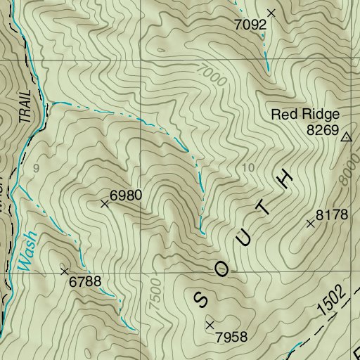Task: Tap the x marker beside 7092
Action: tap(271, 13)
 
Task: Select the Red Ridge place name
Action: tap(305, 115)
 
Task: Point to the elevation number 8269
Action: tap(323, 130)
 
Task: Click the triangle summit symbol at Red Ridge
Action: tap(345, 138)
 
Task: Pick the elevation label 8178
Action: tap(332, 215)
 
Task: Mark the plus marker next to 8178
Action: tap(311, 224)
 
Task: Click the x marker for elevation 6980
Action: tap(105, 204)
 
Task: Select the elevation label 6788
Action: tap(86, 282)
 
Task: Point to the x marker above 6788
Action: tap(65, 271)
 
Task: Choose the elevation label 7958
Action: tap(232, 337)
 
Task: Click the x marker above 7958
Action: tap(210, 324)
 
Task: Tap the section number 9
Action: tap(35, 168)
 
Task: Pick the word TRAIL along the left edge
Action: tap(28, 106)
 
